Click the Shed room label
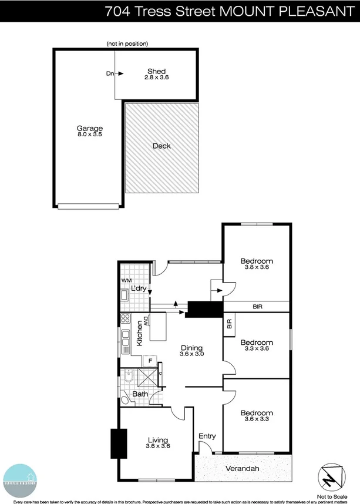click(156, 72)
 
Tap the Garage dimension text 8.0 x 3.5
click(90, 135)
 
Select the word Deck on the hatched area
click(162, 146)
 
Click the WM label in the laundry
click(126, 281)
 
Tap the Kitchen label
click(140, 333)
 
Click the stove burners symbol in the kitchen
click(125, 319)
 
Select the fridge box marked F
click(150, 360)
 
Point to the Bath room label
click(140, 394)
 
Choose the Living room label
click(158, 440)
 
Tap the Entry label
click(207, 436)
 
